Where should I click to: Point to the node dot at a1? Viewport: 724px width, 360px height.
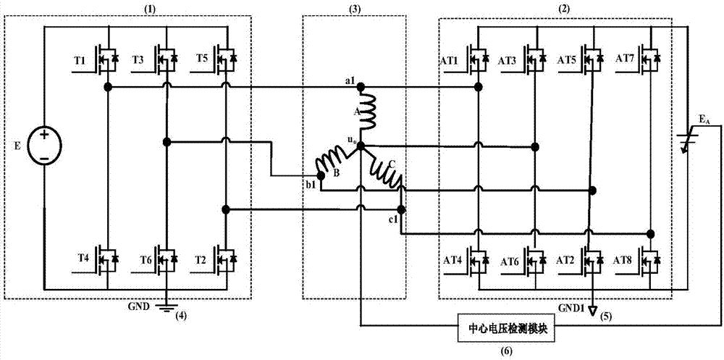[362, 87]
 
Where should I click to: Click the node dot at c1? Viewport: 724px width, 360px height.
[402, 209]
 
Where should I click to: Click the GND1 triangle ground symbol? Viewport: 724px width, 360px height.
[592, 311]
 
